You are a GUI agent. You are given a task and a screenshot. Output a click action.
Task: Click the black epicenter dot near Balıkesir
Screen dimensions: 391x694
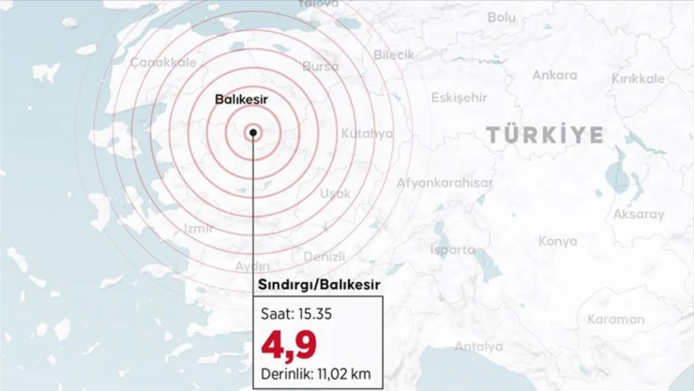click(254, 133)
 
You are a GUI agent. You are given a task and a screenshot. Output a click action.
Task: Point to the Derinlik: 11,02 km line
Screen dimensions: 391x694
click(318, 375)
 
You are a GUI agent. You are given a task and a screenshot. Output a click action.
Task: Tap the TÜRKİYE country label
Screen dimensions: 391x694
click(545, 136)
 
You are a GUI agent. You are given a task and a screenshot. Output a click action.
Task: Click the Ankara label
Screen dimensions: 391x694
click(554, 75)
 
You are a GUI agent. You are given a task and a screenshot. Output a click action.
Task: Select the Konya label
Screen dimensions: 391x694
click(558, 241)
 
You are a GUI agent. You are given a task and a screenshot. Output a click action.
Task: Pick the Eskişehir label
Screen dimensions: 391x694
click(459, 98)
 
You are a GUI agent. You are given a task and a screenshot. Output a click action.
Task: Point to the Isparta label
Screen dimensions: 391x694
click(453, 249)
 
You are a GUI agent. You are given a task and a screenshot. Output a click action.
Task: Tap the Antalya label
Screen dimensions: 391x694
click(478, 346)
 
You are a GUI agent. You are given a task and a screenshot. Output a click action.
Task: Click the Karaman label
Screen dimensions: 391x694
click(615, 319)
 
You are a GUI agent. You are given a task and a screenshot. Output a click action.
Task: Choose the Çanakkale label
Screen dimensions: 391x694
click(149, 62)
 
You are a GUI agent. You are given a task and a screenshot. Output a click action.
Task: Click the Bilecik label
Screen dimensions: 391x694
click(393, 55)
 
